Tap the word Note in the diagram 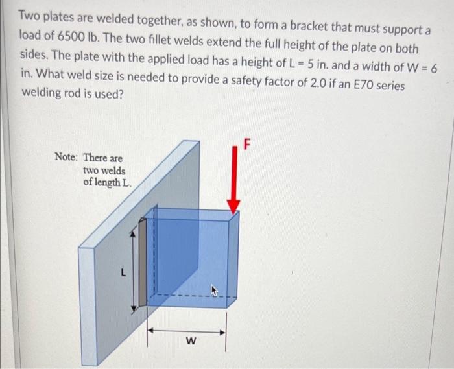tap(66, 157)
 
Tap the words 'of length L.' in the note tap(107, 182)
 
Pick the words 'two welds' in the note tap(104, 170)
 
